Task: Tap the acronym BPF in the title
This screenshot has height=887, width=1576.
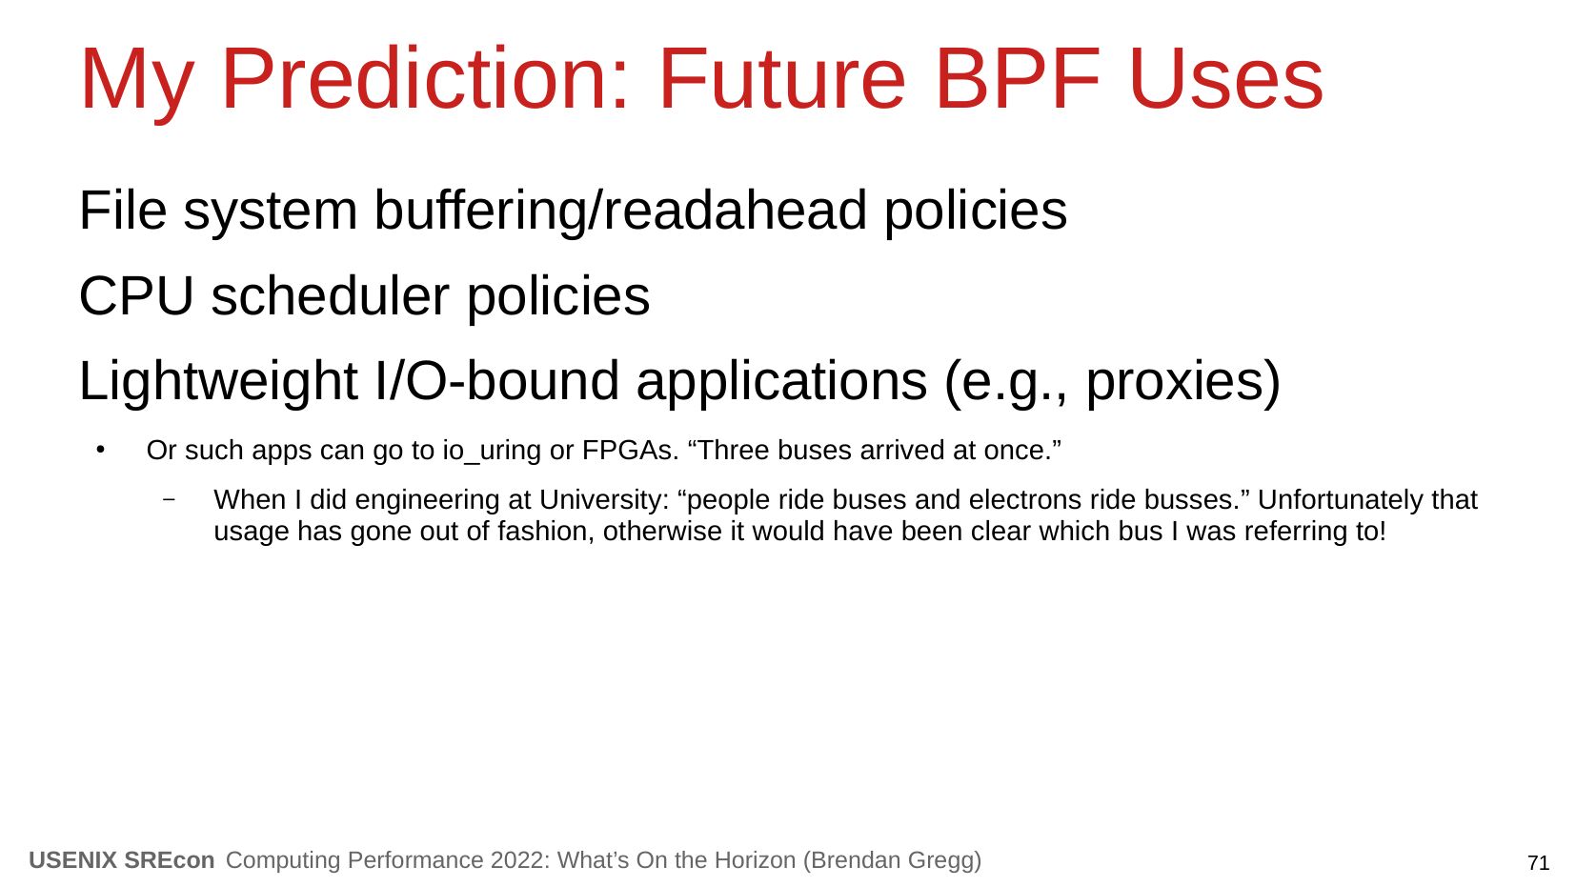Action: click(x=1018, y=79)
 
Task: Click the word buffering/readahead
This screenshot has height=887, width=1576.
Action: click(x=620, y=211)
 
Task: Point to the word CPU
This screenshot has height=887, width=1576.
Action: click(x=136, y=296)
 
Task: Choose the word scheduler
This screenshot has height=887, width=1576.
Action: click(x=330, y=296)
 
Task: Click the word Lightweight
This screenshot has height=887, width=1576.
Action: click(x=218, y=382)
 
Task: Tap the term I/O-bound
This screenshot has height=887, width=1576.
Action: click(x=496, y=380)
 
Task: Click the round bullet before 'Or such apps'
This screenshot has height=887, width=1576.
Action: click(x=101, y=450)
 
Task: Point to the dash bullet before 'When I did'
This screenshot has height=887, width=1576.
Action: click(x=168, y=500)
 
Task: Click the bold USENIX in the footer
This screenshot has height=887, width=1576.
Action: click(x=72, y=860)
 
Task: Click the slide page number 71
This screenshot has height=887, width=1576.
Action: click(x=1538, y=863)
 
